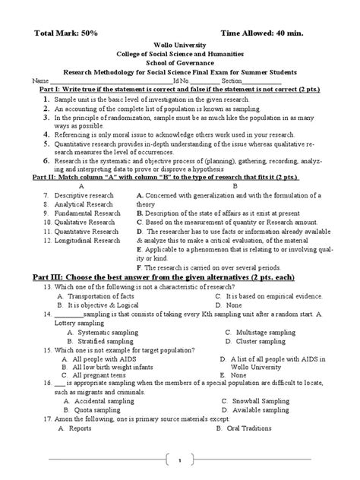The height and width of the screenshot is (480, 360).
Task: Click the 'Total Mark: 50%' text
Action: click(x=68, y=34)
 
